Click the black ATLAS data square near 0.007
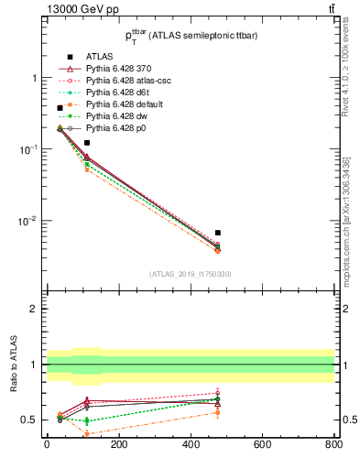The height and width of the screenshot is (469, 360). pyautogui.click(x=217, y=233)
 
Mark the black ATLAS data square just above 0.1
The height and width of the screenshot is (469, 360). pyautogui.click(x=87, y=143)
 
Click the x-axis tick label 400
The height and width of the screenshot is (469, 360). pyautogui.click(x=191, y=445)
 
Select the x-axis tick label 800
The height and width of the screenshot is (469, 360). pyautogui.click(x=333, y=445)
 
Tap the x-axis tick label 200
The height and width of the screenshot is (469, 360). pyautogui.click(x=118, y=445)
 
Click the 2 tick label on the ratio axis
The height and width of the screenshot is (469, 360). pyautogui.click(x=36, y=310)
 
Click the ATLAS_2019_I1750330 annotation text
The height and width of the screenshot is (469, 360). pyautogui.click(x=190, y=274)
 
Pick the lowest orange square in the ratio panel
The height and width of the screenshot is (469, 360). pyautogui.click(x=87, y=434)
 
